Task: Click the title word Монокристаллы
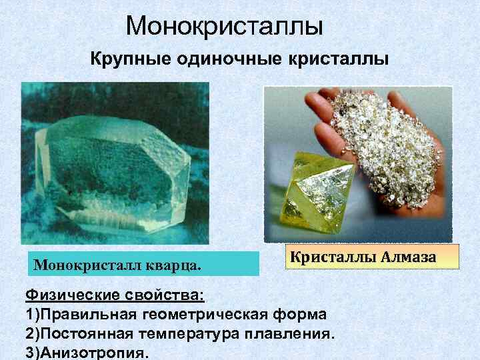pos(224,26)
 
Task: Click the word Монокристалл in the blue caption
pos(90,265)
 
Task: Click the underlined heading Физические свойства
pos(115,295)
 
